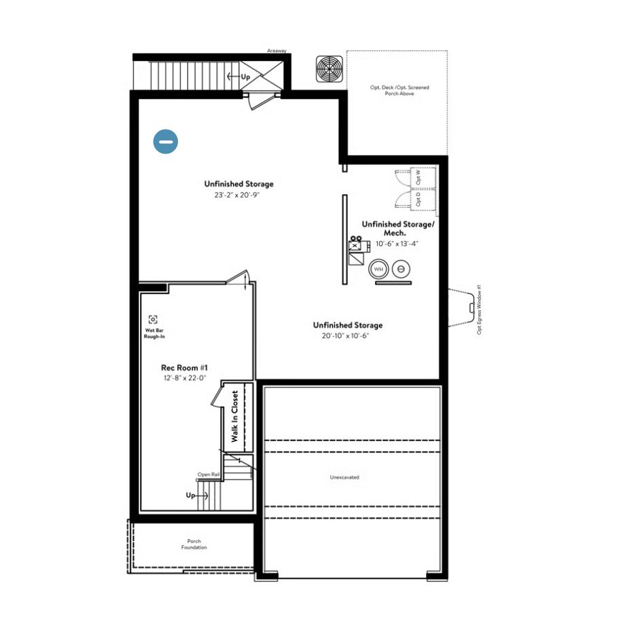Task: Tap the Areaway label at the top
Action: [277, 50]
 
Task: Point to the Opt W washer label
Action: [418, 176]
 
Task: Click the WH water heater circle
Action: [378, 269]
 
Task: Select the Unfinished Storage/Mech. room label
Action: [397, 227]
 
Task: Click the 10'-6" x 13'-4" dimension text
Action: [397, 243]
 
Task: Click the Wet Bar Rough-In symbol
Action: [153, 319]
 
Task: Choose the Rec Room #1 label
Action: [180, 368]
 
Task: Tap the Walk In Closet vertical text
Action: [235, 417]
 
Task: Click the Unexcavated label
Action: [344, 477]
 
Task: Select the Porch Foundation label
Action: [194, 544]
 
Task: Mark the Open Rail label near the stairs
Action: [207, 474]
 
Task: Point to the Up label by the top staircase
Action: [245, 77]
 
